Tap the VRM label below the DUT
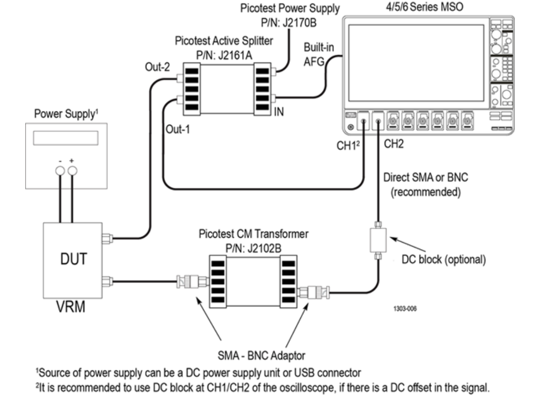coord(70,307)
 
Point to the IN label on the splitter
coord(280,112)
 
